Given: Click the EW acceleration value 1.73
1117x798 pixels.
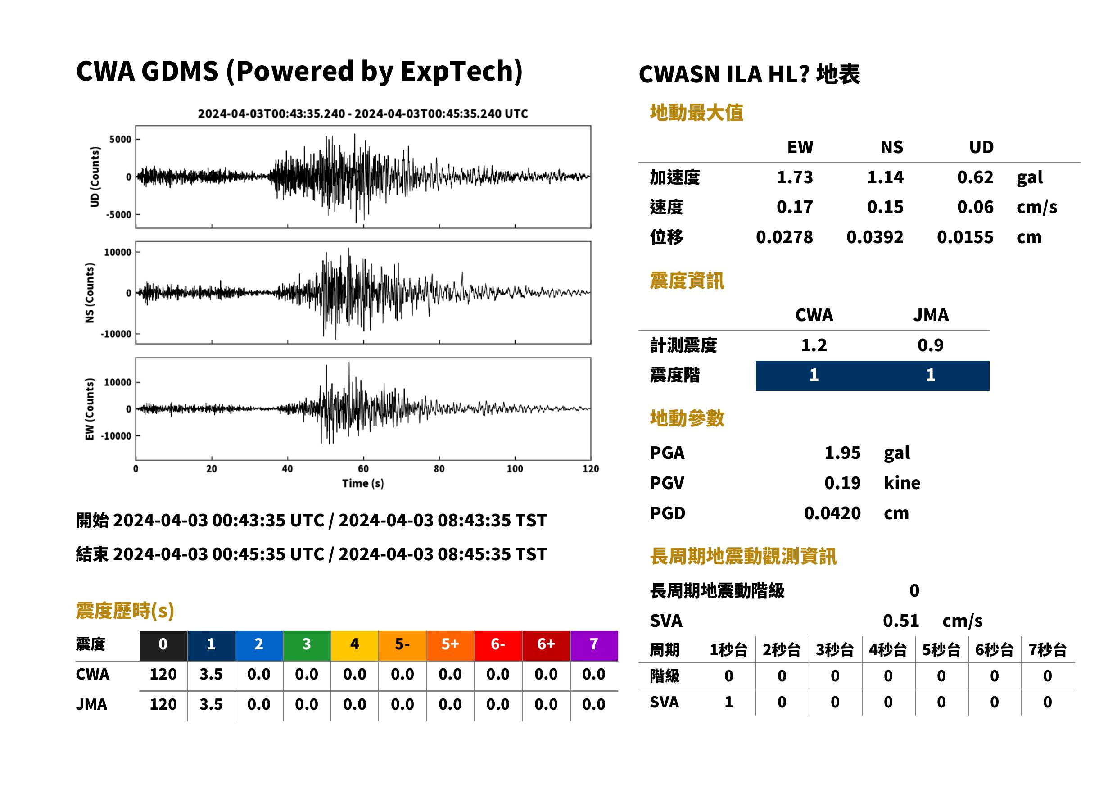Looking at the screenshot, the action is [x=794, y=177].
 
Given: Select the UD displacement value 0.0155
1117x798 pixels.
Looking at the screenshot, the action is [x=965, y=237].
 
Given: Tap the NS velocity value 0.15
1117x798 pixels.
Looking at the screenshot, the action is [x=885, y=207].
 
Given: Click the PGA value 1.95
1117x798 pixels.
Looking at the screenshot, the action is [x=842, y=453].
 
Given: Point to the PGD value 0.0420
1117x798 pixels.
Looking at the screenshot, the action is [x=832, y=513].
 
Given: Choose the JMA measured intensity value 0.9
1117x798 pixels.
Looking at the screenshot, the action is [x=930, y=345].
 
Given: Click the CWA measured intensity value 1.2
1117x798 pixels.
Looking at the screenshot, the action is [x=814, y=345].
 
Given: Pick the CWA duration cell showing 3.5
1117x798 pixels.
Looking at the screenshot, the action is [x=211, y=674].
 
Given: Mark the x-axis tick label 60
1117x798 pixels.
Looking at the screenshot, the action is [x=363, y=469].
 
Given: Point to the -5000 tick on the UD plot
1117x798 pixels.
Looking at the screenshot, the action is [x=119, y=215].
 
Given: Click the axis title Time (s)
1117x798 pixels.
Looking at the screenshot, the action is [x=363, y=484].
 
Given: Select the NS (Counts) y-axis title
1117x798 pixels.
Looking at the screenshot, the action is [x=90, y=293].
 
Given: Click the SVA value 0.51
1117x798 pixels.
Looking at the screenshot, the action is [x=900, y=621].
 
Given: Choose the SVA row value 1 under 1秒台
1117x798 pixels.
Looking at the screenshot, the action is [x=728, y=702].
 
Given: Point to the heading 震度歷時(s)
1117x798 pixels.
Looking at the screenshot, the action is [x=125, y=611].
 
